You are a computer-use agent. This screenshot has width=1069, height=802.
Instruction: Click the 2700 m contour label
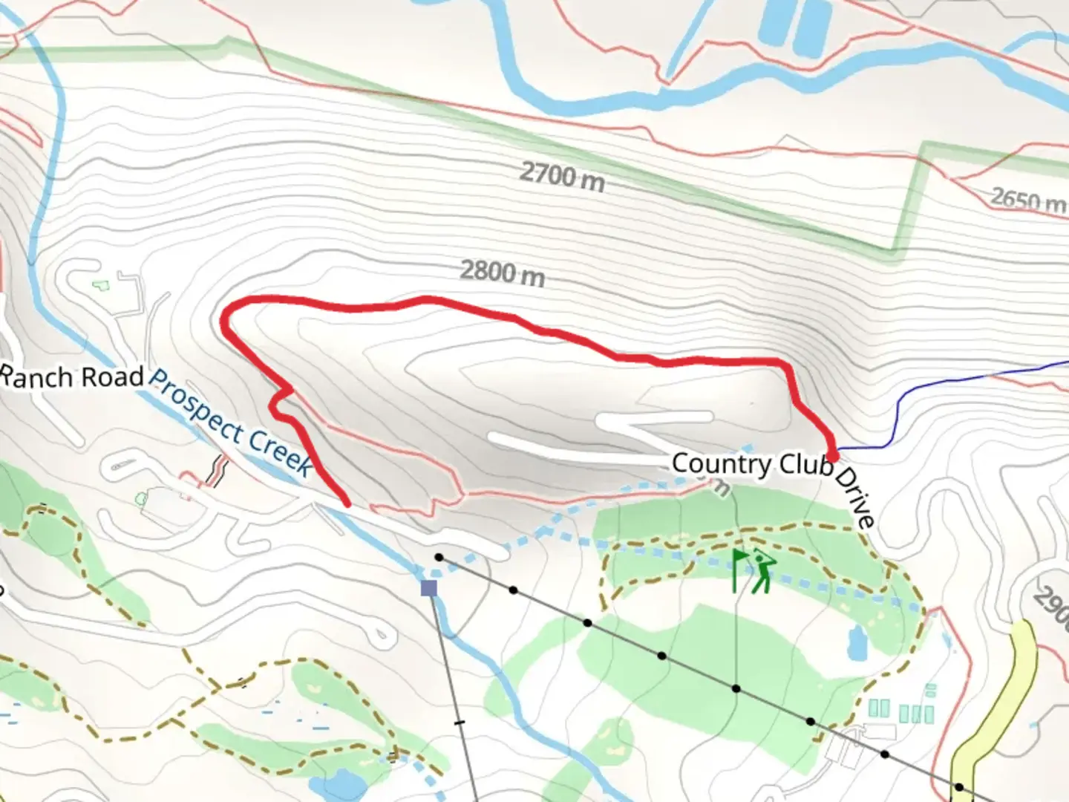tap(562, 176)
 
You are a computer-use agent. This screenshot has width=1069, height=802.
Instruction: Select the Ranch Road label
tap(71, 376)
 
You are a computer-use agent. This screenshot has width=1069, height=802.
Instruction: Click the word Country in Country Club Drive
tap(722, 463)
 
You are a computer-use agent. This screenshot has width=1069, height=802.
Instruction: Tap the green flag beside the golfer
tap(738, 569)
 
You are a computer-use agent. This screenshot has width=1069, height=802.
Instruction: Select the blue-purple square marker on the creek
tap(428, 588)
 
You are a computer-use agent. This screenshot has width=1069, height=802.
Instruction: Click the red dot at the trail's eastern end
tap(833, 455)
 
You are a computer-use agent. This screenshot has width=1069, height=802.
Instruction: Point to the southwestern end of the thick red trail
tap(347, 503)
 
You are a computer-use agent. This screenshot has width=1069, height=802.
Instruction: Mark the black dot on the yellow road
tap(959, 787)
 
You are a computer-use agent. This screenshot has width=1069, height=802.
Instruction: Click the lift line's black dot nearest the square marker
tap(439, 557)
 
